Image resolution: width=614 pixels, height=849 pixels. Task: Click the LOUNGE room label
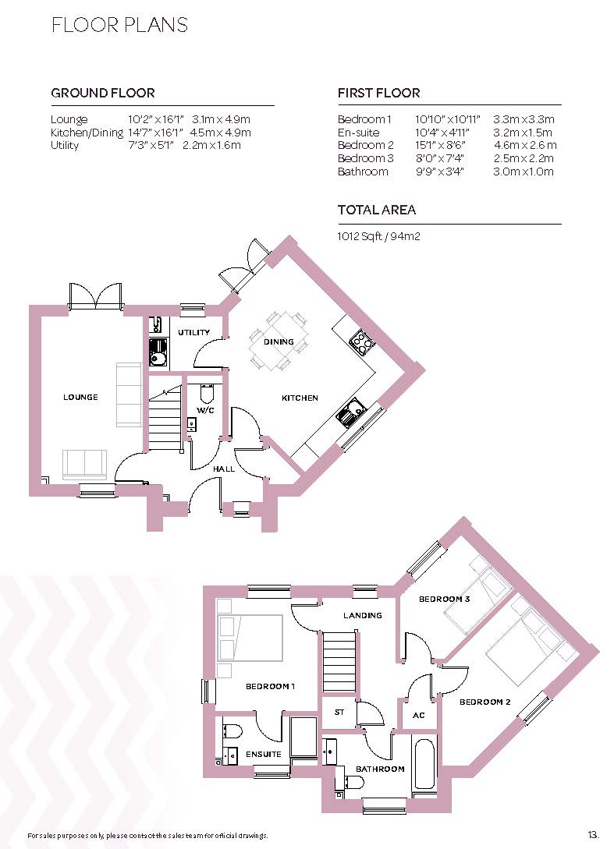pyautogui.click(x=80, y=397)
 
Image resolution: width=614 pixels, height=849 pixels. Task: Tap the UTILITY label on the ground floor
pyautogui.click(x=193, y=333)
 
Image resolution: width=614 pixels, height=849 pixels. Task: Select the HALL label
pyautogui.click(x=224, y=469)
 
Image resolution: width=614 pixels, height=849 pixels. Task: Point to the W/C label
pyautogui.click(x=205, y=409)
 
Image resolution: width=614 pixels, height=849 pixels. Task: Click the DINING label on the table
pyautogui.click(x=279, y=341)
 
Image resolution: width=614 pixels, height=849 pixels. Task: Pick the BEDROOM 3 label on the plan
pyautogui.click(x=443, y=599)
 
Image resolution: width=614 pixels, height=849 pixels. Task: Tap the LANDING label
pyautogui.click(x=363, y=615)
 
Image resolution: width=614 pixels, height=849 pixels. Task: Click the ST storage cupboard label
pyautogui.click(x=339, y=712)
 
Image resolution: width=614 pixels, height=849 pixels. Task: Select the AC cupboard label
pyautogui.click(x=417, y=715)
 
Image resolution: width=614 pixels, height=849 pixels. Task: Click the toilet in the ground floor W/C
pyautogui.click(x=207, y=392)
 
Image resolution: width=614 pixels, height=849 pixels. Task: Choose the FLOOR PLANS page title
pyautogui.click(x=119, y=25)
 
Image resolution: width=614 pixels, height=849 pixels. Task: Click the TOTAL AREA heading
pyautogui.click(x=376, y=210)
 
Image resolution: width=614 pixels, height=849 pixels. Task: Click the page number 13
pyautogui.click(x=594, y=833)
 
